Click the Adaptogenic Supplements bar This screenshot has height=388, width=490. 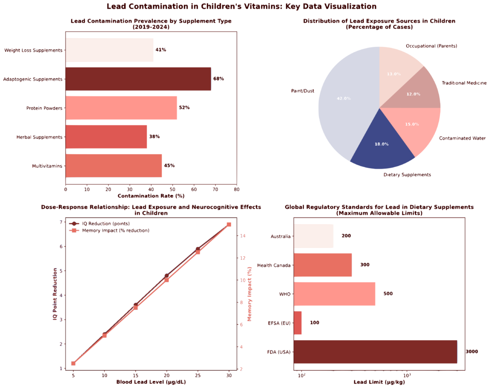coord(138,79)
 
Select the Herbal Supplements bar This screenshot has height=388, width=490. coord(106,137)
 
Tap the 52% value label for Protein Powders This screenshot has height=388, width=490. coord(184,108)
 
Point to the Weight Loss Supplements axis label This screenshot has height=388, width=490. coord(33,50)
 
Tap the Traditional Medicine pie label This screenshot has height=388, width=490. coord(463,83)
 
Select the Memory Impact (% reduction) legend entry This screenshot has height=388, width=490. coord(113,230)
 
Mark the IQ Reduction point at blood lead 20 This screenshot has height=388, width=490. coord(167,276)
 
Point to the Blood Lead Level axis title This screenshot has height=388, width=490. coord(151,382)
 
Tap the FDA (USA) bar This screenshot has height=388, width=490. coord(375,352)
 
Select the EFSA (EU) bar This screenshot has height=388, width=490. coord(298,323)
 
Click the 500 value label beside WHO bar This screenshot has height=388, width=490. coord(388,294)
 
